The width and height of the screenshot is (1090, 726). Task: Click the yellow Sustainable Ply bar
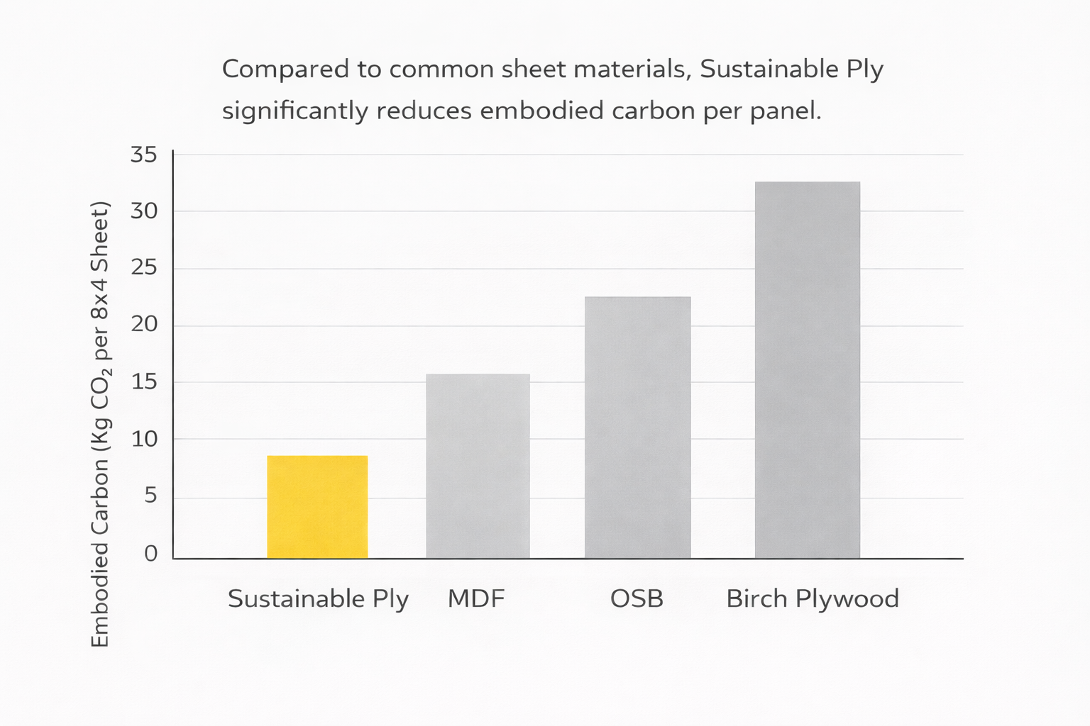click(x=317, y=507)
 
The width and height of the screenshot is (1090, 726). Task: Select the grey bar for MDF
click(x=478, y=467)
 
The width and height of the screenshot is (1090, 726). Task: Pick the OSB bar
click(x=637, y=428)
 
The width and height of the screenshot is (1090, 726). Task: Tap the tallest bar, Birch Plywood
click(x=808, y=370)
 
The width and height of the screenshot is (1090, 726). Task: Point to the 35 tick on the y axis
click(x=143, y=155)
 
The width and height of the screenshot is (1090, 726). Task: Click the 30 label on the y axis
click(x=143, y=211)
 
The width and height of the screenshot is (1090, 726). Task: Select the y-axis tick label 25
click(x=143, y=267)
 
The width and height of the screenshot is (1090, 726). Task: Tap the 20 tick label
click(x=144, y=324)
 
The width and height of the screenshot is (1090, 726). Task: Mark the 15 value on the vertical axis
click(x=144, y=382)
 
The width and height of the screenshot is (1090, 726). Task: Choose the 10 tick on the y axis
click(x=144, y=439)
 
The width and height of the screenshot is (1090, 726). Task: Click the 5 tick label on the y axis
click(x=150, y=496)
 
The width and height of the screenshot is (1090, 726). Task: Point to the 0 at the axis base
click(x=150, y=554)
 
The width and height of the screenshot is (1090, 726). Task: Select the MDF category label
click(x=476, y=598)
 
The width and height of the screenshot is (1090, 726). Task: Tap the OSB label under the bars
click(x=637, y=598)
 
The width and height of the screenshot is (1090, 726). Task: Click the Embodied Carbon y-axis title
click(x=101, y=423)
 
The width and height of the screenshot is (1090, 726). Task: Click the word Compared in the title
click(x=286, y=69)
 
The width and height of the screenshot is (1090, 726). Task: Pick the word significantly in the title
click(x=295, y=111)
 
